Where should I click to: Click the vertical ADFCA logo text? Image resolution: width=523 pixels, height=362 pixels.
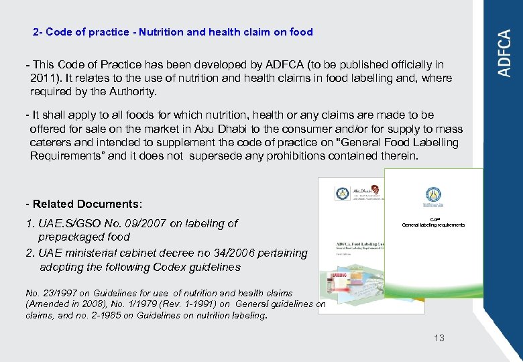click(x=505, y=53)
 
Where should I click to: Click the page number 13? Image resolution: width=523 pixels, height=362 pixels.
click(x=439, y=338)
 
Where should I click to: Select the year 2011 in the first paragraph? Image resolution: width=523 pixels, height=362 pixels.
click(x=43, y=78)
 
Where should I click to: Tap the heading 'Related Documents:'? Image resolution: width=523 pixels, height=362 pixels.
click(x=84, y=204)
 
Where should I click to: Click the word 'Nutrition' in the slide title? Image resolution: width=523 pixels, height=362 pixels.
click(x=160, y=32)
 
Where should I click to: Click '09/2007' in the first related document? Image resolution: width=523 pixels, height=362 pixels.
click(x=150, y=223)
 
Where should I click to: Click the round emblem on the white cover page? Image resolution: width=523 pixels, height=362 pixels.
click(x=433, y=196)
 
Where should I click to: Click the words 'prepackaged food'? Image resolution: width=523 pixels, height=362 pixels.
click(x=84, y=237)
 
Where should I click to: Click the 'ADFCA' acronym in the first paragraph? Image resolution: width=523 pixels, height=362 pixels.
click(x=284, y=65)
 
